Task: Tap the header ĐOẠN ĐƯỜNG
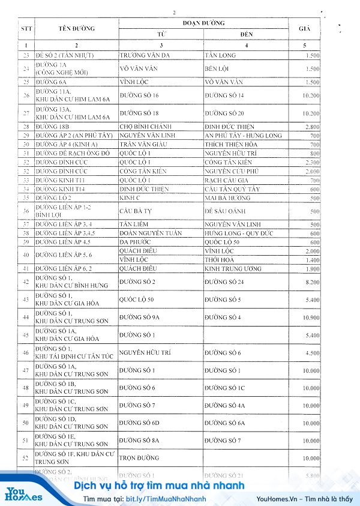point(203,23)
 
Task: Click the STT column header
point(26,28)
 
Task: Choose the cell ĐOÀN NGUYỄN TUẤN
point(152,233)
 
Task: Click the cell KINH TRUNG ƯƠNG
point(233,268)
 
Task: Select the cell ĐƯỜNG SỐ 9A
point(141,317)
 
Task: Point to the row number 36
point(26,211)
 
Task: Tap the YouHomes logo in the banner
point(24,494)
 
